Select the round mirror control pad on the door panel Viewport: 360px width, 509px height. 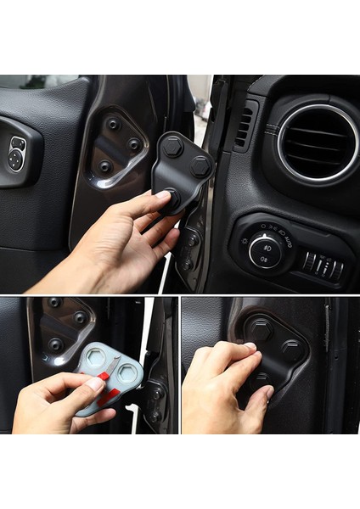click(17, 154)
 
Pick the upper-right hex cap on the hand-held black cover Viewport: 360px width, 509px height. click(200, 166)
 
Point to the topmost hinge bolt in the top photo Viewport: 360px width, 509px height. click(114, 124)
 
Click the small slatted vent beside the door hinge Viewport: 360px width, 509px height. click(243, 126)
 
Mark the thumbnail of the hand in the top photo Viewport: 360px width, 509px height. click(163, 196)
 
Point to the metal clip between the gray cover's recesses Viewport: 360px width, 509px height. click(114, 365)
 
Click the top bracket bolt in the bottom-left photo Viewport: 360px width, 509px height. click(55, 303)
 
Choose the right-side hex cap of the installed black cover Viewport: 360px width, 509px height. click(290, 348)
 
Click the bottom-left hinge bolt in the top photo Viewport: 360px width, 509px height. click(105, 166)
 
